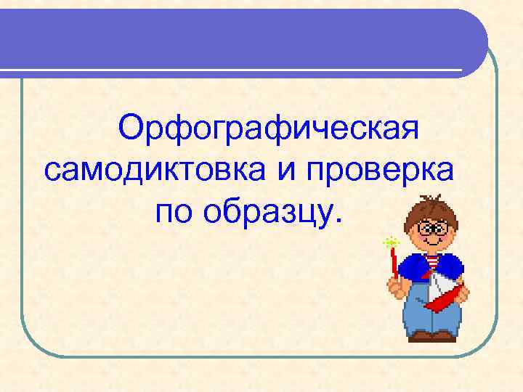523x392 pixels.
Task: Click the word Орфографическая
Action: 270,131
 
